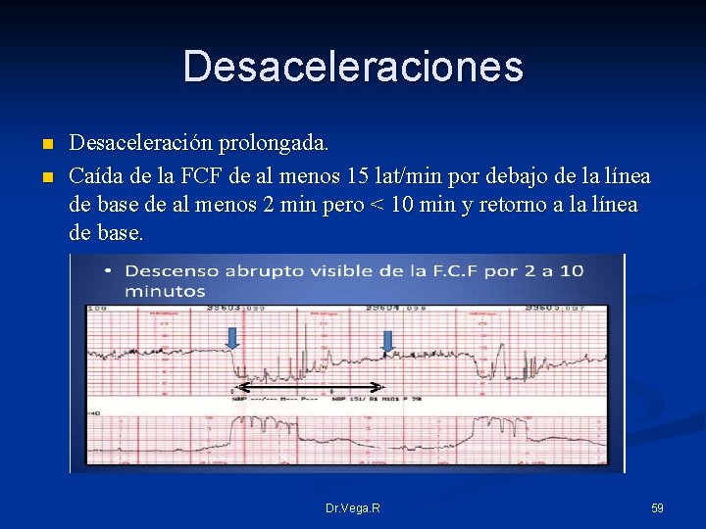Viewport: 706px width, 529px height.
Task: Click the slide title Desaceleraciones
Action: coord(353,68)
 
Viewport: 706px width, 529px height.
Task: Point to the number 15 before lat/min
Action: coord(359,176)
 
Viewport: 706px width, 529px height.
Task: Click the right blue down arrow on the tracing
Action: coord(387,341)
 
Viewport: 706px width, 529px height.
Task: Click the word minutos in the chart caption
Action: coord(165,291)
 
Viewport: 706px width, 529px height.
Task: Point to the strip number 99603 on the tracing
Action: coord(226,309)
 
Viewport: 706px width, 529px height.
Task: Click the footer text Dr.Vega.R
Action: coord(353,508)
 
